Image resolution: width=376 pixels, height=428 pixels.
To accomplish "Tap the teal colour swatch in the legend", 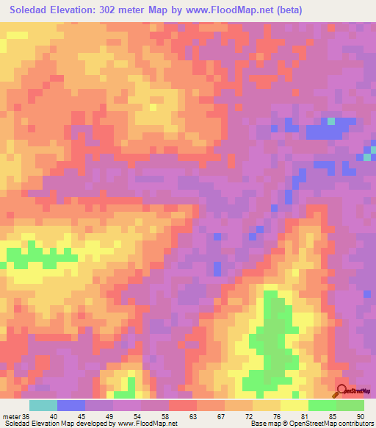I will (x=43, y=405).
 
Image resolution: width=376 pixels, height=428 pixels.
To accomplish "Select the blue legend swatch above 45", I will (x=71, y=405).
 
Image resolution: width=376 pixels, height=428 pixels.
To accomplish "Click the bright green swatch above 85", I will (x=322, y=405).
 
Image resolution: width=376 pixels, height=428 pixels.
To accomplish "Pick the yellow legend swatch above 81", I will (x=294, y=405).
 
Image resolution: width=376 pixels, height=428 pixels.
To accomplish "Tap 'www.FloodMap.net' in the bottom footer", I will (x=148, y=424).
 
